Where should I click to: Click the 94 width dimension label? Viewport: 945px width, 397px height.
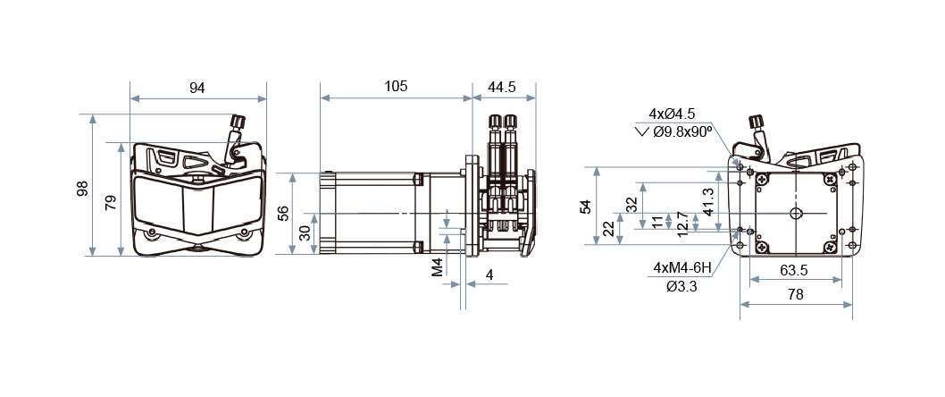(x=197, y=88)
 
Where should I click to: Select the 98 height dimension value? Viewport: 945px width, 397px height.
(x=82, y=189)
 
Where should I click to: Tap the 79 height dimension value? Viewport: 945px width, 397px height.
(x=110, y=202)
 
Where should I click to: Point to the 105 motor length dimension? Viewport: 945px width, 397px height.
(x=396, y=86)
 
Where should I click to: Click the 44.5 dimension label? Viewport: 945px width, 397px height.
(x=502, y=87)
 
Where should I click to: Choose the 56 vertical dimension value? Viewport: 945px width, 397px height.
(x=283, y=213)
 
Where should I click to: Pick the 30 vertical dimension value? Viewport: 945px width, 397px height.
(x=304, y=232)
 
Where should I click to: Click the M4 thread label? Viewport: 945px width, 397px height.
(x=438, y=266)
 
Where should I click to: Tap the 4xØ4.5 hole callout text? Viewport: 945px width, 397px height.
(x=672, y=114)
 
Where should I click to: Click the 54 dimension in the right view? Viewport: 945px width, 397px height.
(x=585, y=207)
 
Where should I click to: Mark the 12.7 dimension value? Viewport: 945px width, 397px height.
(x=682, y=223)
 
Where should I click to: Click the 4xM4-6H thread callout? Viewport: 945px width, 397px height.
(x=682, y=267)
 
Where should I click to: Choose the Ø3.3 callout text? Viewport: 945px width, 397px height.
(x=682, y=286)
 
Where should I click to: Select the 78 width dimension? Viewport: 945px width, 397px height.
(x=795, y=294)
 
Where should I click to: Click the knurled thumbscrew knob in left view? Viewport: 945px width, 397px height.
(x=238, y=122)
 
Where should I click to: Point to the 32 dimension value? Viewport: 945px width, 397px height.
(x=631, y=204)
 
